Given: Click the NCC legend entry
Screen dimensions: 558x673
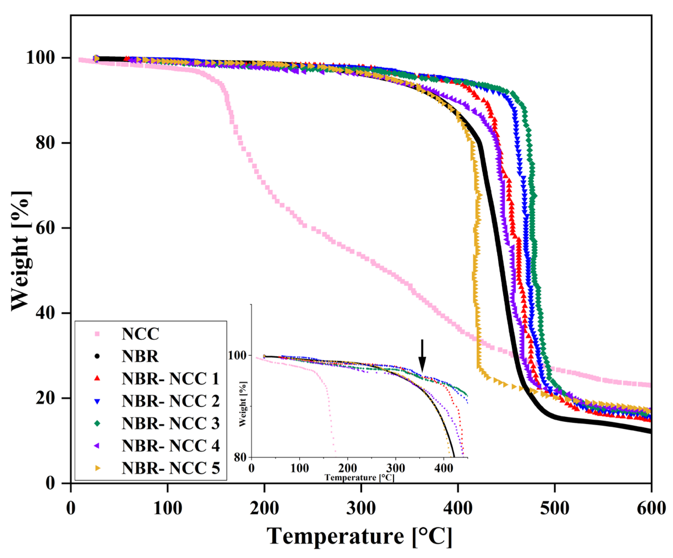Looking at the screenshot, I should click(x=140, y=334).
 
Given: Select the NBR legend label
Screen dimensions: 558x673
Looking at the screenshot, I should click(x=140, y=356).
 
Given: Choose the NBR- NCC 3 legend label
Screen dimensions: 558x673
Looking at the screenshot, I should click(x=170, y=423).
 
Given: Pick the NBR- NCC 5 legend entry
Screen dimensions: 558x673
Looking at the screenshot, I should click(x=170, y=468).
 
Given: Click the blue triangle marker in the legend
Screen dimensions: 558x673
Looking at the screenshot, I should click(x=97, y=401).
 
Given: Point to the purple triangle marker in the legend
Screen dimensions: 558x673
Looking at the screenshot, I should click(x=97, y=446).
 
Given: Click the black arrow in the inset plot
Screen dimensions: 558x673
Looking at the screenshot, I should click(x=422, y=356).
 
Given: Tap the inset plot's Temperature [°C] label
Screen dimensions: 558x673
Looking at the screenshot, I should click(x=359, y=478).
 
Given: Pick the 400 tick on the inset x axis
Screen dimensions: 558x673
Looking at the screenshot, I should click(x=444, y=468).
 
